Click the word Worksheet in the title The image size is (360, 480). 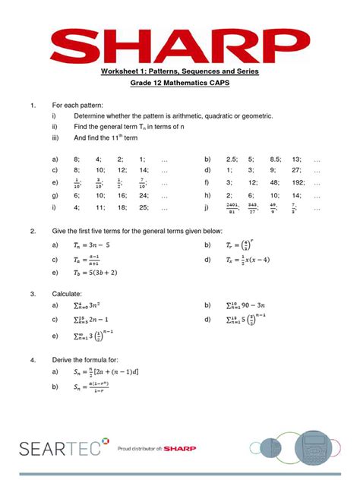[122, 71]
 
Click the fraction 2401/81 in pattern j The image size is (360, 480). [231, 207]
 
